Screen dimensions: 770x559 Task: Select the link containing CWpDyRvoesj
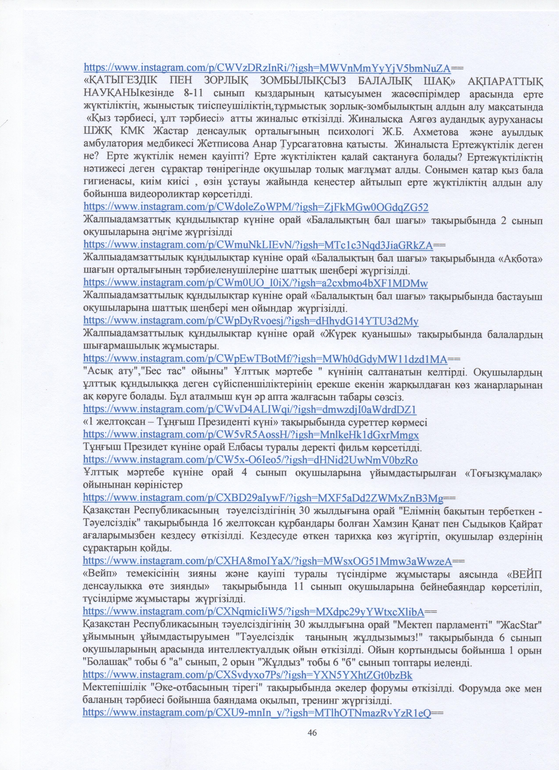251,321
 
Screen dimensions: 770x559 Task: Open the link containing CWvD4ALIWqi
250,409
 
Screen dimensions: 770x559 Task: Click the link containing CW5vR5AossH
251,435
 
